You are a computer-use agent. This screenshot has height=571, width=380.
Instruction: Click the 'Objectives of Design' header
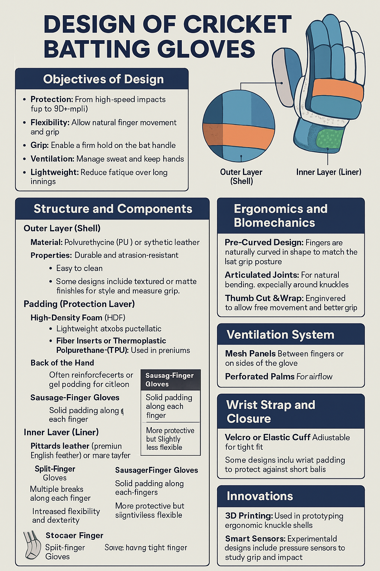pyautogui.click(x=103, y=79)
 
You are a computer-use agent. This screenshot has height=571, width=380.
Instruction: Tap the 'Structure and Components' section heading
pyautogui.click(x=113, y=209)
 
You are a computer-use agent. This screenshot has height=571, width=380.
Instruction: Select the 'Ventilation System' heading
pyautogui.click(x=280, y=335)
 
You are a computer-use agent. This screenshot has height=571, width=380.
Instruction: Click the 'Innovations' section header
pyautogui.click(x=260, y=496)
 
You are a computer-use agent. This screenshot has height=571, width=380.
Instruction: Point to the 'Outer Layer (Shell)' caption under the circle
pyautogui.click(x=241, y=177)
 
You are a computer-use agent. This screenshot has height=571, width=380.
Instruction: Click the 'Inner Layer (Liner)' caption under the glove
pyautogui.click(x=328, y=172)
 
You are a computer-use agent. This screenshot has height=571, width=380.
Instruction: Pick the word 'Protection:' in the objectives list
pyautogui.click(x=52, y=99)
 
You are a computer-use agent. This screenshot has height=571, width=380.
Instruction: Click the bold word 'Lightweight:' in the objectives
pyautogui.click(x=55, y=172)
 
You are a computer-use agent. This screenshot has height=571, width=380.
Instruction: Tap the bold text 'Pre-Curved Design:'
pyautogui.click(x=264, y=242)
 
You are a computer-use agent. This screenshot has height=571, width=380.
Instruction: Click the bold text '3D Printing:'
pyautogui.click(x=249, y=516)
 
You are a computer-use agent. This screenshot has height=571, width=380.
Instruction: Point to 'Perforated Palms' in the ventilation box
pyautogui.click(x=255, y=377)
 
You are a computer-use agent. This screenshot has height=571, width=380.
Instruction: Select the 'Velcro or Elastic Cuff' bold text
pyautogui.click(x=268, y=438)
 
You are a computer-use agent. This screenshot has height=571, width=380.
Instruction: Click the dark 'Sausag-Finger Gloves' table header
pyautogui.click(x=170, y=380)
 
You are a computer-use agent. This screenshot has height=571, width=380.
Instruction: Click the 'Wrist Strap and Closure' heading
pyautogui.click(x=271, y=412)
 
